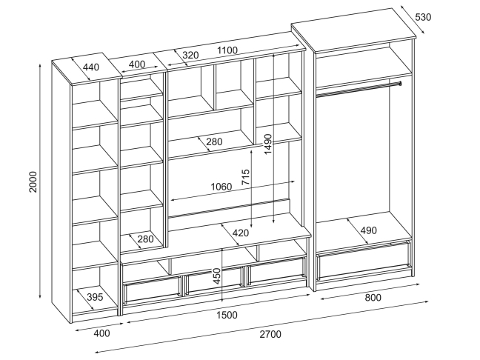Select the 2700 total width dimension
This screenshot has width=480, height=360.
click(x=270, y=334)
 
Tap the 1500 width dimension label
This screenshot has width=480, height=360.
click(x=227, y=315)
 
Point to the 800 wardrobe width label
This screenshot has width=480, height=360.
click(x=373, y=298)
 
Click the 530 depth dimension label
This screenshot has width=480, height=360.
click(x=423, y=17)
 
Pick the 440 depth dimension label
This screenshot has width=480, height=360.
click(x=91, y=67)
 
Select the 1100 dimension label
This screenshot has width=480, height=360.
click(x=227, y=50)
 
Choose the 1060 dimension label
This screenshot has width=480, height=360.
click(x=221, y=187)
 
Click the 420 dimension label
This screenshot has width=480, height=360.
click(x=241, y=233)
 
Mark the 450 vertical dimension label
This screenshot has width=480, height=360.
click(x=217, y=276)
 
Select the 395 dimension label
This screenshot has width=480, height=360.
click(x=94, y=297)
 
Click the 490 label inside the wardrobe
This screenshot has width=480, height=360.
click(x=369, y=230)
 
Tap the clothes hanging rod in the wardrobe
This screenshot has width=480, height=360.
click(x=359, y=89)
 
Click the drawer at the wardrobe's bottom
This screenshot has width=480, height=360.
click(x=364, y=256)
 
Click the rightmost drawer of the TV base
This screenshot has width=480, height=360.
click(x=276, y=270)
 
